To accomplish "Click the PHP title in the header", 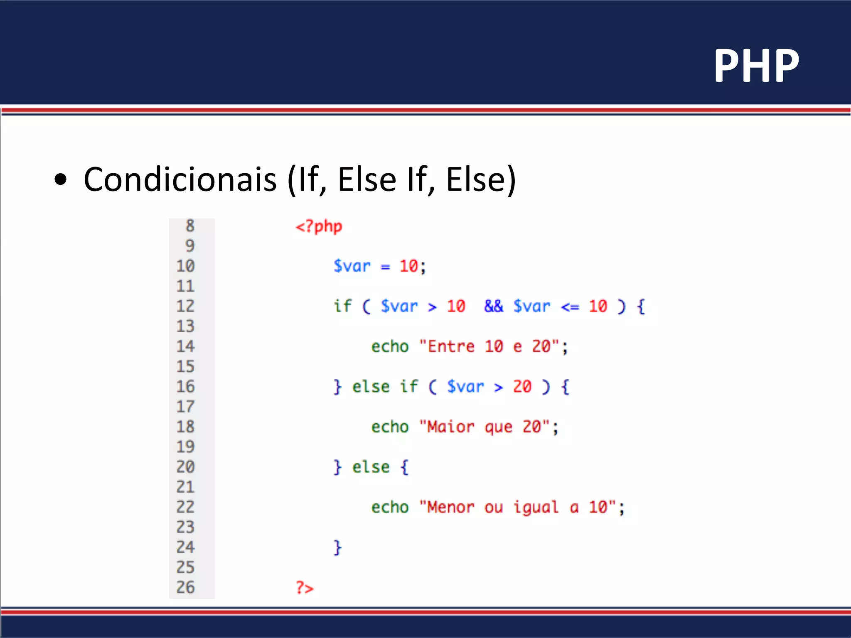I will (x=756, y=66).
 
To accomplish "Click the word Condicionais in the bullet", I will (x=180, y=179).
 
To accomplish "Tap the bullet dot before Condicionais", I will (x=61, y=179).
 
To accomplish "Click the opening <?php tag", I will (x=319, y=226).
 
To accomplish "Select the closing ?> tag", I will (x=305, y=588).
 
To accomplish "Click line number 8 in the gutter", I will (x=190, y=226).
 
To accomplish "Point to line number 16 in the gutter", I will (x=185, y=386).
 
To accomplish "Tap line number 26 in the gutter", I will (x=185, y=587).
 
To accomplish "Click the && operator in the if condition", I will (x=493, y=306).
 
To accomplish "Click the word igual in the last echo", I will (x=536, y=507).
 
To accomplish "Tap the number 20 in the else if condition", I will (x=522, y=386).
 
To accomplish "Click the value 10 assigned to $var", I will (x=409, y=266).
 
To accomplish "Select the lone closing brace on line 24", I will (x=337, y=547).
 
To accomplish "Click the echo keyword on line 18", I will (x=390, y=427).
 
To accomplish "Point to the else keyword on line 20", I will (x=371, y=467).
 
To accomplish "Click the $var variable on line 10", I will (x=352, y=266).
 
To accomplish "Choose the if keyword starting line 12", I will (x=342, y=306).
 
